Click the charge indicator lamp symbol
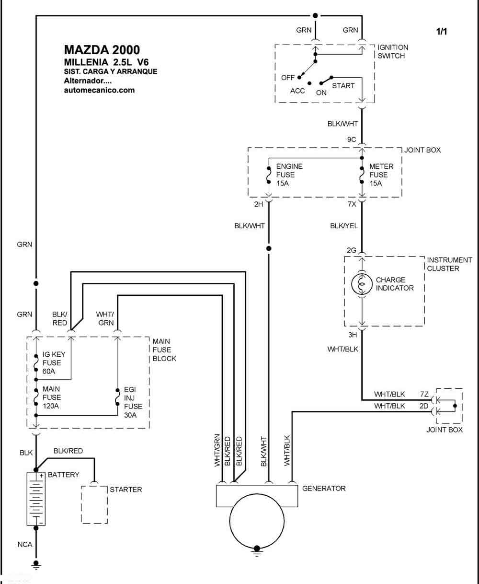(362, 284)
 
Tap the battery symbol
(36, 499)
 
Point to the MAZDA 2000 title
(102, 50)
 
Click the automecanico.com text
(99, 90)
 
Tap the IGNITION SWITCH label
(393, 51)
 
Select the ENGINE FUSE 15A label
(289, 175)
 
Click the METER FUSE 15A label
(381, 175)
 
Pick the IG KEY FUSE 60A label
(54, 363)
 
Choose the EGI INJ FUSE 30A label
(133, 402)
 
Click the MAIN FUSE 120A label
(51, 397)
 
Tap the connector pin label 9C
(352, 140)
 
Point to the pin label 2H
(259, 204)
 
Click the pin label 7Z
(424, 394)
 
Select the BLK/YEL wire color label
(344, 226)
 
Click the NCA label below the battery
(25, 544)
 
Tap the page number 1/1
(441, 31)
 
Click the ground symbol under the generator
(257, 552)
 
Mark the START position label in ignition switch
(343, 86)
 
